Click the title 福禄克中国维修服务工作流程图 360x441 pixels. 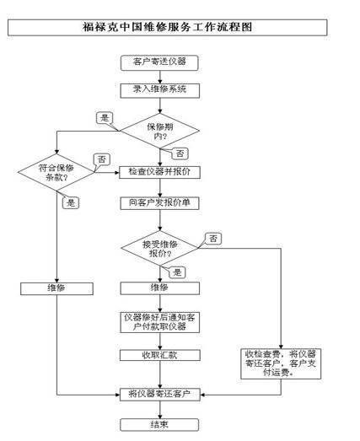167,27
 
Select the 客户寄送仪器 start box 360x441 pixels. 159,62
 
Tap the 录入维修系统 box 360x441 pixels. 159,90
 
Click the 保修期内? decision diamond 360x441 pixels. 159,131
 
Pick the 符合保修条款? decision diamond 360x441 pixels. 56,172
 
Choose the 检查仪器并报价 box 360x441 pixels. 159,172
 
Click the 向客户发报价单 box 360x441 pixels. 159,203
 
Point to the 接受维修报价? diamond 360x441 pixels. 159,249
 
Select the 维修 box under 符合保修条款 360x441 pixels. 56,288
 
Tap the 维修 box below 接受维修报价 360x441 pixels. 159,288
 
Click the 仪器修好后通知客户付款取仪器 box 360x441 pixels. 159,322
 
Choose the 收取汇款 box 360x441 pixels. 160,355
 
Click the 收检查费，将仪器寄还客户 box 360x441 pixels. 281,364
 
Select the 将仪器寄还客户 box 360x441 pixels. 159,395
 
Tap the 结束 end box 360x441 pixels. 159,425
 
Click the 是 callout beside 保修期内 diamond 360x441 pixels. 105,118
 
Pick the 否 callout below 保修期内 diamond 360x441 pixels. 180,153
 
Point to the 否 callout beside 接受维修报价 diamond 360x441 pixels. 213,239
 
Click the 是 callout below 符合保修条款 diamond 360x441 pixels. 71,202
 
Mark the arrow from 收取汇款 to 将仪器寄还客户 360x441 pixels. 160,374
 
